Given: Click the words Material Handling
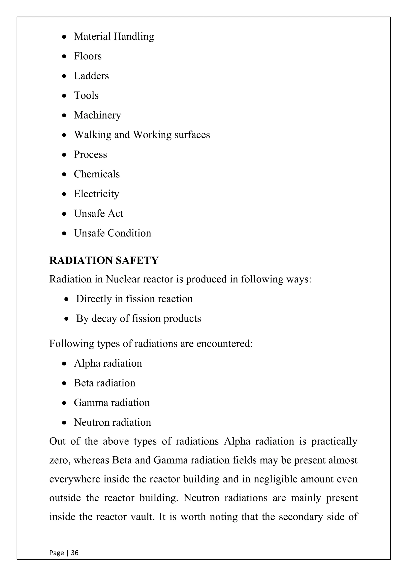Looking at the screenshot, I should tap(114, 37).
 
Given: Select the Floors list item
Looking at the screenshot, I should tap(88, 56).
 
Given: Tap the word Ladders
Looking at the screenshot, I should tap(91, 76).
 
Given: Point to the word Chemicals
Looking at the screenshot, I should tap(97, 174).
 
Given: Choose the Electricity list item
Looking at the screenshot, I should tap(97, 194).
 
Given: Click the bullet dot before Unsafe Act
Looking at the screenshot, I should tap(64, 214).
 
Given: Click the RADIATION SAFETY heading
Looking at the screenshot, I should tap(104, 260).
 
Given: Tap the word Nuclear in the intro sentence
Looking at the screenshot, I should tap(123, 279).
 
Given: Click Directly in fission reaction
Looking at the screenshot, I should tap(134, 299).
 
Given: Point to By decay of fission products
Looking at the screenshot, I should tap(138, 319).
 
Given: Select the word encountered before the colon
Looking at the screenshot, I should tap(224, 344).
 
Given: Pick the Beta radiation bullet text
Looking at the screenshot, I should tap(105, 383).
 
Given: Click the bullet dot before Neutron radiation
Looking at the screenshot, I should tap(64, 422).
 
